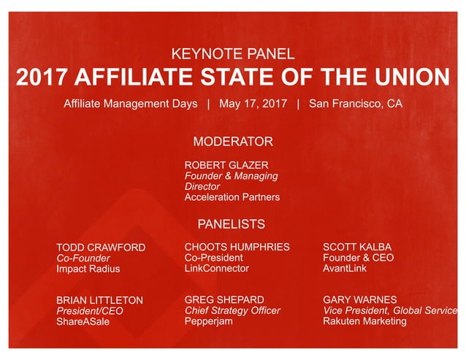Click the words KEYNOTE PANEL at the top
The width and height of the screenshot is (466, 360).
coord(232,53)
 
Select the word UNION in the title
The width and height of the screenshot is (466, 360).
coord(414,77)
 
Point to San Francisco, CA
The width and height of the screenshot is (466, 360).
coord(355,104)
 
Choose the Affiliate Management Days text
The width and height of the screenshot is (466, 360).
coord(130,104)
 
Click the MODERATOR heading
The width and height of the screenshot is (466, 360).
coord(232,142)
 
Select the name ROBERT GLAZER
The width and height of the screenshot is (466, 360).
coord(226,165)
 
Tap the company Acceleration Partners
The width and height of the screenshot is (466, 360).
coord(232,197)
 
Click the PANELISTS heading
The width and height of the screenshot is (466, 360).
coord(232,224)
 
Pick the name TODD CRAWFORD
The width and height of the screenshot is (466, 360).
coord(101,248)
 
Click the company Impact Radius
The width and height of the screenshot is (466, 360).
coord(88,269)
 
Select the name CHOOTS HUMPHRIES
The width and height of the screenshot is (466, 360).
coord(237,247)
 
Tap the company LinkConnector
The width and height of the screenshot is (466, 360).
coord(216,268)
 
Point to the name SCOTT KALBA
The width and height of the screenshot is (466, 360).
coord(357,247)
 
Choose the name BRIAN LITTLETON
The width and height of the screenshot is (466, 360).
coord(99,300)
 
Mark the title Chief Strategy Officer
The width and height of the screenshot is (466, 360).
coord(232,310)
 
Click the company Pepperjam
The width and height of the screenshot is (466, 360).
coord(209,321)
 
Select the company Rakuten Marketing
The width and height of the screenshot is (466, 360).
coord(364,321)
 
